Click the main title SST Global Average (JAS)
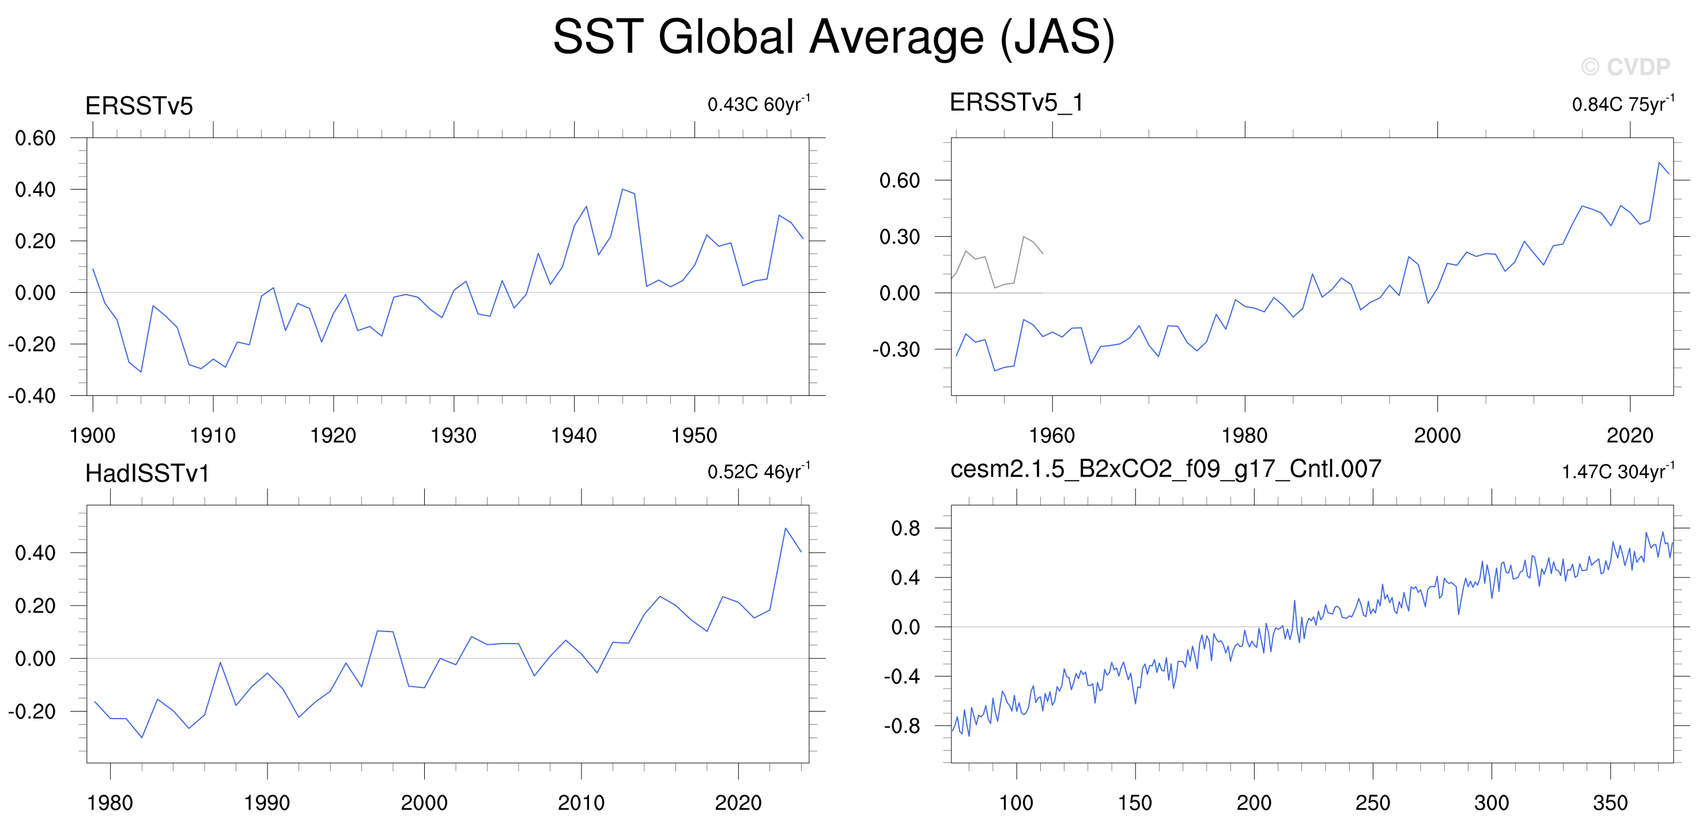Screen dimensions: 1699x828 point(834,37)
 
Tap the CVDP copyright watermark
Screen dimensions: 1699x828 point(1626,67)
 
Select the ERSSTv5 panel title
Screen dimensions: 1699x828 point(139,105)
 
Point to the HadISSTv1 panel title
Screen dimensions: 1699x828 point(147,473)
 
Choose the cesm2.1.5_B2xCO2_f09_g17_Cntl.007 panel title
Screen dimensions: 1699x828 point(1165,468)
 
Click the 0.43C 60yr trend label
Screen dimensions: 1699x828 point(759,104)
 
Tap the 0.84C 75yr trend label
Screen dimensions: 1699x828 point(1623,104)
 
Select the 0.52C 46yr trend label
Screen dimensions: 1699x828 point(759,471)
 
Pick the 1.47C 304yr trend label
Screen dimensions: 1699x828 point(1618,471)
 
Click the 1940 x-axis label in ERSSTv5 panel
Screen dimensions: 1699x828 point(574,435)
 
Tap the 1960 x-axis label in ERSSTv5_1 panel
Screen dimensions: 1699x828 point(1052,435)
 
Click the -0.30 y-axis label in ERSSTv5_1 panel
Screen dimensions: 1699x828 point(896,349)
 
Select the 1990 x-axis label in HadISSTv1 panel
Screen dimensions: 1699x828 point(267,802)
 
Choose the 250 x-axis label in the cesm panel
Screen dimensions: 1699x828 point(1373,802)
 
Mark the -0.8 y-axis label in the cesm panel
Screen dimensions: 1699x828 point(901,726)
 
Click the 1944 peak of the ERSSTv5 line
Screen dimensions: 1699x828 point(622,189)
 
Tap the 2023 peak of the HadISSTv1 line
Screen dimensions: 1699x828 point(785,528)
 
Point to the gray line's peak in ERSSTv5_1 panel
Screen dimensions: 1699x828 point(1023,237)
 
